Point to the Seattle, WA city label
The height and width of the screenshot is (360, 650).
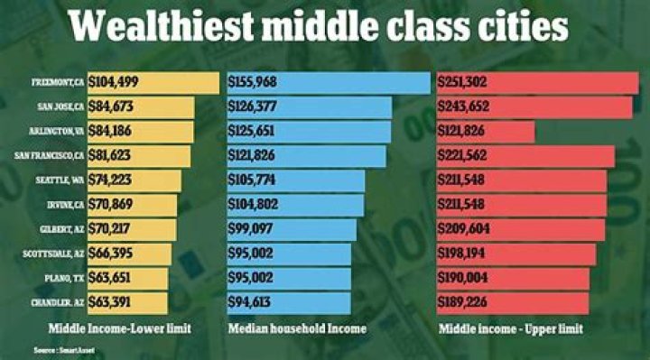point(60,180)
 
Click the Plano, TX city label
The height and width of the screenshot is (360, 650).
point(63,278)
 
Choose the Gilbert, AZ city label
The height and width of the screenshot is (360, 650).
point(61,229)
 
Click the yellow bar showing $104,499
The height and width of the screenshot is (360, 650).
point(153,83)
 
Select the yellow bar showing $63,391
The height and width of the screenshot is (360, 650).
point(127,302)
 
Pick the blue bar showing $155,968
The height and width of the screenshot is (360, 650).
point(329,83)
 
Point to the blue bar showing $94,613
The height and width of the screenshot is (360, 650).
point(289,302)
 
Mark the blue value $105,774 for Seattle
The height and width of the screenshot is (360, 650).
point(255,180)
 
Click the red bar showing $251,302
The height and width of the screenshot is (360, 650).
point(537,83)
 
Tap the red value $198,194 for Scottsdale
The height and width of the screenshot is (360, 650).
point(462,254)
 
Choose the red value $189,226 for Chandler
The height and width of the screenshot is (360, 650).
point(462,302)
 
